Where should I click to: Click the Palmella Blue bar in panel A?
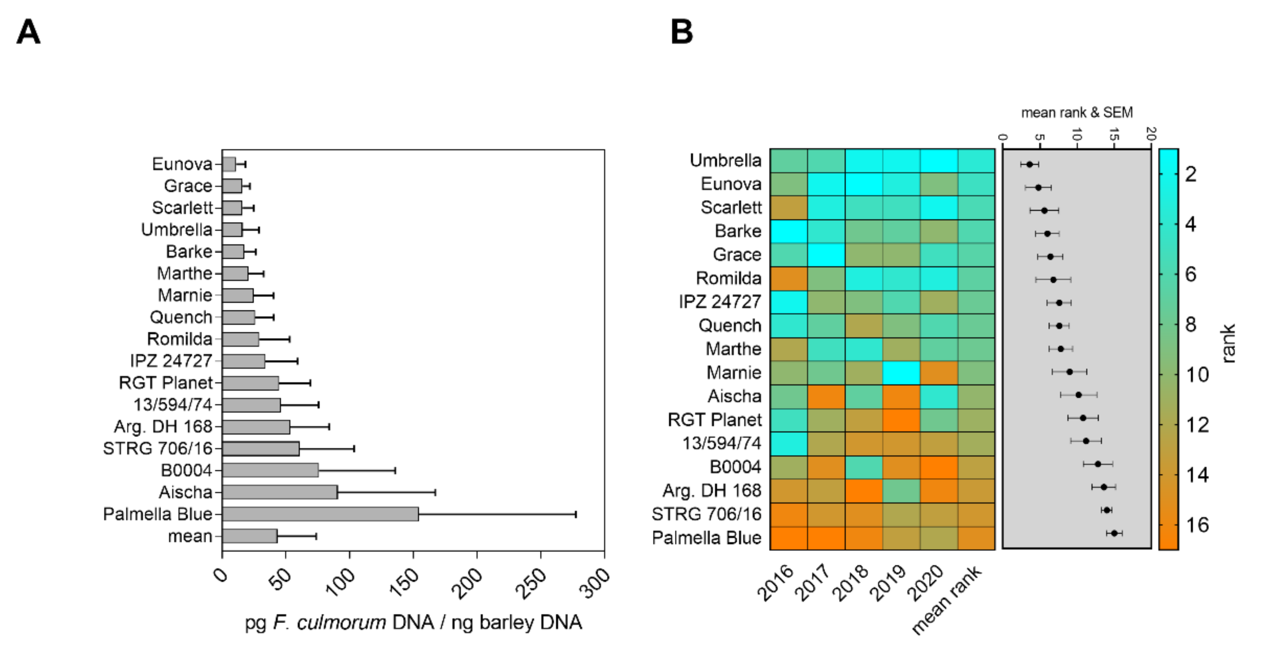(x=320, y=514)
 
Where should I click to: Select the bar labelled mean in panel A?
(x=250, y=536)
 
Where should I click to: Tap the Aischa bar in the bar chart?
(x=280, y=492)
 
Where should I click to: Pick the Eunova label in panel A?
(x=182, y=164)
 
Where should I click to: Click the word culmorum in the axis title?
(x=341, y=623)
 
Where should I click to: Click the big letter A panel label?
(x=28, y=32)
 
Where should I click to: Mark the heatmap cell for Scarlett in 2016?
(x=788, y=207)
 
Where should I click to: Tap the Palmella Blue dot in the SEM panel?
(x=1114, y=533)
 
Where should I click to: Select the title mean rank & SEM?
(x=1077, y=113)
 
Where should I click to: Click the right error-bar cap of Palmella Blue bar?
(x=576, y=514)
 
